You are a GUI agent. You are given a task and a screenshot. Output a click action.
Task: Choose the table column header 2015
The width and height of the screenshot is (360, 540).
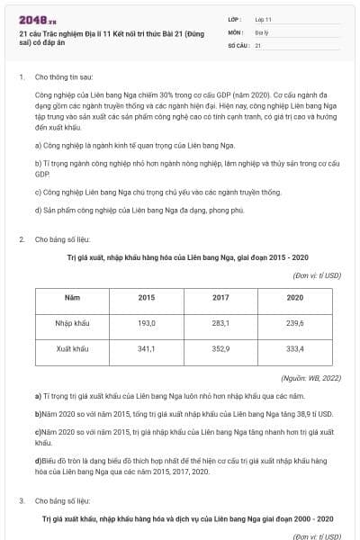tap(146, 297)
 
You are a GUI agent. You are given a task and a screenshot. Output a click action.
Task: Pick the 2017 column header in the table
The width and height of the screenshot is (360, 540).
tap(220, 297)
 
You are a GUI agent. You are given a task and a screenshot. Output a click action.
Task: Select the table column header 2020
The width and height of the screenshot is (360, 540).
tap(294, 297)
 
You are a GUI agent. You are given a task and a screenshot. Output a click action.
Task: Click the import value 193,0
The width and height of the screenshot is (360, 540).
tap(146, 322)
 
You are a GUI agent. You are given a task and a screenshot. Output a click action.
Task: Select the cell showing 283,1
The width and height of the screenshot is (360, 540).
tap(220, 322)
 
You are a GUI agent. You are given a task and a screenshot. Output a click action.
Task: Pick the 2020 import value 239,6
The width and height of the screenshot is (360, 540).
tap(294, 322)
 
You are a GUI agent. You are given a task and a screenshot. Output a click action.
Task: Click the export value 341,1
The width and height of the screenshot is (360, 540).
tap(146, 347)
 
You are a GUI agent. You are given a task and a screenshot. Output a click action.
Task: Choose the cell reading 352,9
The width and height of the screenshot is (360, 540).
tap(220, 347)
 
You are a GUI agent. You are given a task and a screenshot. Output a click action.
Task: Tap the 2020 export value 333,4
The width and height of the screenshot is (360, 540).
tap(294, 347)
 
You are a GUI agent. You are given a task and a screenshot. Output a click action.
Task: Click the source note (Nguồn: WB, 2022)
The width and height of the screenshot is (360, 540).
tap(310, 379)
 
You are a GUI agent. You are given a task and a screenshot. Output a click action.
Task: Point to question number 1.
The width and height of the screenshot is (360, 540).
tap(21, 77)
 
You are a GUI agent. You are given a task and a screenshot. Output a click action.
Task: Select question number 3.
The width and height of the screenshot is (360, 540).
tap(21, 500)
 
